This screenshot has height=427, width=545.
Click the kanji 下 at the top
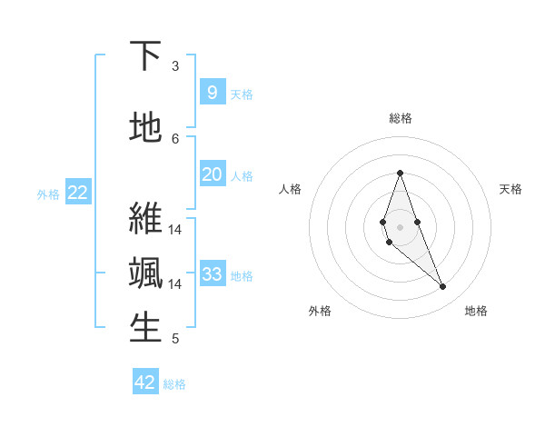(145, 56)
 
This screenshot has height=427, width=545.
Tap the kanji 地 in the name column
(145, 127)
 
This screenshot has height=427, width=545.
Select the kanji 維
(145, 218)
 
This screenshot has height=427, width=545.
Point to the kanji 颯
(145, 273)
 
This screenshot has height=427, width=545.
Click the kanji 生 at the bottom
(145, 328)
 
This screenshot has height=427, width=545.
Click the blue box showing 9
(212, 92)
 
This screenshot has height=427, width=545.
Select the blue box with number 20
(212, 174)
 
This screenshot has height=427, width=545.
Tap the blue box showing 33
(212, 273)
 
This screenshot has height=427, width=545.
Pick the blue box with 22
(78, 192)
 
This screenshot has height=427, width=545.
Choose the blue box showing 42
(145, 382)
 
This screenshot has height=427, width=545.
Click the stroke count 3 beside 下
(175, 65)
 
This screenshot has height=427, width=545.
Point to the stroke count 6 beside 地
(175, 138)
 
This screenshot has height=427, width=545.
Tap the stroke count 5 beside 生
(175, 339)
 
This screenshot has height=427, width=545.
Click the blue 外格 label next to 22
(48, 194)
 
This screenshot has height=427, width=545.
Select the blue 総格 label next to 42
(174, 384)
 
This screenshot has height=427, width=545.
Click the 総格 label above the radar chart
(400, 118)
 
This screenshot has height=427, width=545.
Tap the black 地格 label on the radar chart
(476, 311)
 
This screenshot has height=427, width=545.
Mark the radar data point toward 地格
(442, 287)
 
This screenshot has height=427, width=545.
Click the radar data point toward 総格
(400, 174)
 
